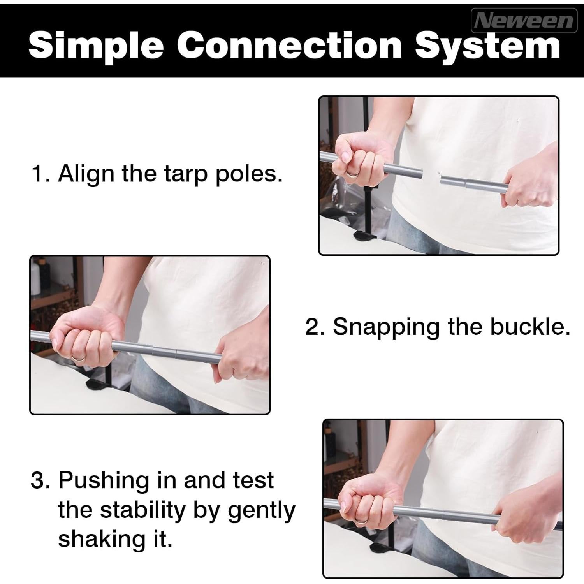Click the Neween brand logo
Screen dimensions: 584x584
pyautogui.click(x=524, y=20)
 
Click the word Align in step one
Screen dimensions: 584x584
pyautogui.click(x=87, y=173)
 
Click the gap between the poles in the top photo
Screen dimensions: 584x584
pyautogui.click(x=431, y=175)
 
